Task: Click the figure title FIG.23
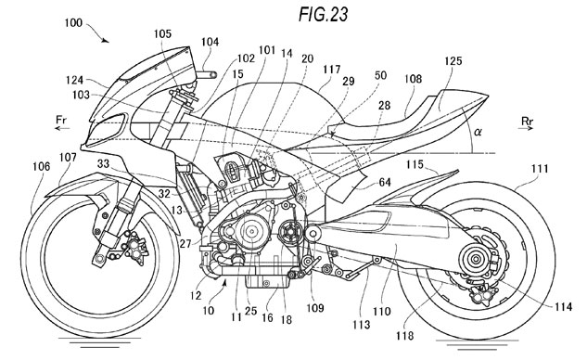[x=323, y=14]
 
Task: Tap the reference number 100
[x=73, y=23]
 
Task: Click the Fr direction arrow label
[x=62, y=121]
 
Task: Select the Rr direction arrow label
[x=527, y=121]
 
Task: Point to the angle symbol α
[x=478, y=132]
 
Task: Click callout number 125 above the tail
[x=453, y=60]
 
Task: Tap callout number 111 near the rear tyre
[x=540, y=169]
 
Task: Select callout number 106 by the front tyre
[x=41, y=166]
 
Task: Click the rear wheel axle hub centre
[x=476, y=259]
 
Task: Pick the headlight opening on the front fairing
[x=107, y=126]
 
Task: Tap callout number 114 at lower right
[x=564, y=307]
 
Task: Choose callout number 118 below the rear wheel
[x=405, y=336]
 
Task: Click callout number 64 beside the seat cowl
[x=385, y=183]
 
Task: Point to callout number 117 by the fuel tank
[x=332, y=70]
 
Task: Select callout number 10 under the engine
[x=209, y=310]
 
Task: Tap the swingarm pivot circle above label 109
[x=313, y=234]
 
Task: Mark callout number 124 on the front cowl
[x=74, y=80]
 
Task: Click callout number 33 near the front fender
[x=104, y=163]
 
